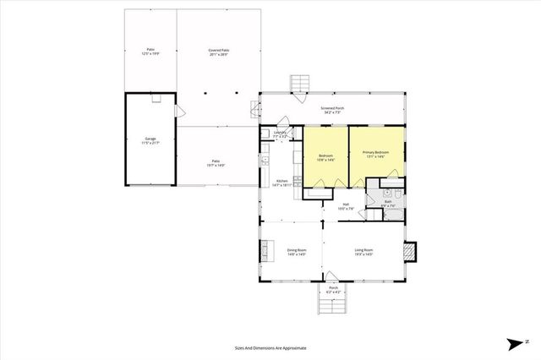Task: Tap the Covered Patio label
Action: point(219,51)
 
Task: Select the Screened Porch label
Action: point(331,109)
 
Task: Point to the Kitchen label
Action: point(282,181)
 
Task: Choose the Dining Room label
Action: point(296,250)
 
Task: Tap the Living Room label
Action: point(363,250)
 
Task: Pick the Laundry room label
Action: point(281,133)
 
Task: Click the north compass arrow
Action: point(516,342)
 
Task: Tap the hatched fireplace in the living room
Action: point(410,251)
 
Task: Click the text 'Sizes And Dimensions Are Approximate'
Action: point(270,347)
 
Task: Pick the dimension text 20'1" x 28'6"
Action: point(219,54)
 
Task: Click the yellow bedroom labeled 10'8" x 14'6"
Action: point(325,157)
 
